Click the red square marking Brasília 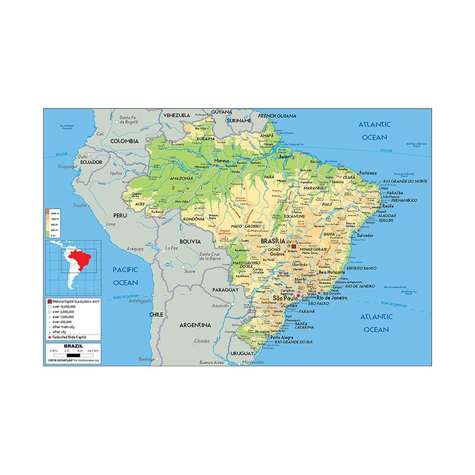tap(293, 246)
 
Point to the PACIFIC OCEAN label tap(125, 275)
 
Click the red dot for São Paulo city tap(297, 296)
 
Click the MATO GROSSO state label tap(244, 227)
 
